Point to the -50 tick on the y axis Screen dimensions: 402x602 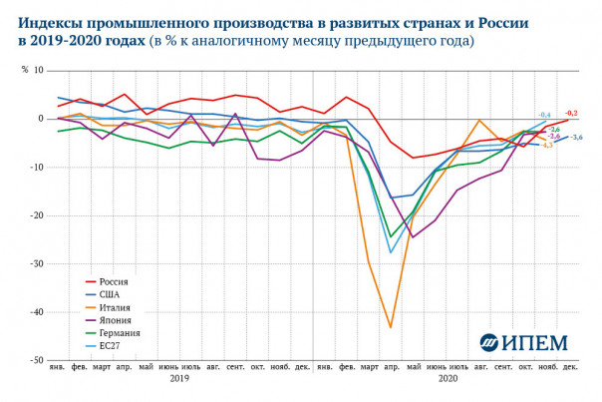pyautogui.click(x=36, y=360)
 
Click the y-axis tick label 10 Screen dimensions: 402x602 pyautogui.click(x=38, y=70)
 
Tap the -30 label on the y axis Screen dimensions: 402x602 pyautogui.click(x=36, y=263)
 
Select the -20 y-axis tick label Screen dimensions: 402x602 pyautogui.click(x=36, y=215)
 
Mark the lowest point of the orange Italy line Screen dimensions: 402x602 pyautogui.click(x=390, y=327)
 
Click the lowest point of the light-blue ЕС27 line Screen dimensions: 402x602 pyautogui.click(x=390, y=253)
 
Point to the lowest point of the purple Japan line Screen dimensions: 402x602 pyautogui.click(x=413, y=237)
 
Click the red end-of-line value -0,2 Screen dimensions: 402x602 pyautogui.click(x=572, y=113)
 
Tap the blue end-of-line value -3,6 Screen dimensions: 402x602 pyautogui.click(x=576, y=137)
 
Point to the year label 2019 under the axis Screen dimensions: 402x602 pyautogui.click(x=179, y=379)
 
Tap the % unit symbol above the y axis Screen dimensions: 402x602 pyautogui.click(x=25, y=70)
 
